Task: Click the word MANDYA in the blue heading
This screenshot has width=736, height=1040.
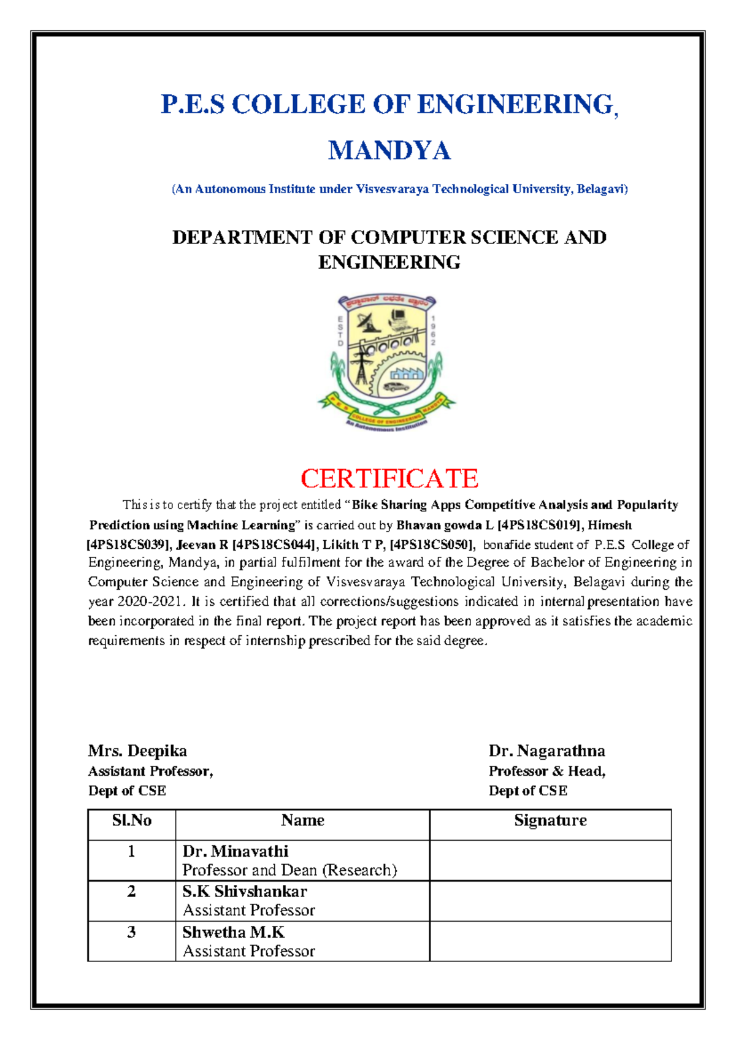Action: click(389, 151)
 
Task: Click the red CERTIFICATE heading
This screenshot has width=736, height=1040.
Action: click(389, 478)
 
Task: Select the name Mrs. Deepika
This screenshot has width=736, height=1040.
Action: click(137, 751)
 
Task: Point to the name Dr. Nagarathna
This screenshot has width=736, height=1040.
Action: click(546, 751)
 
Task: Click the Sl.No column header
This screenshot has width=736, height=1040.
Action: click(132, 820)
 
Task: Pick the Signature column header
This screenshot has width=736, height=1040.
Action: click(550, 820)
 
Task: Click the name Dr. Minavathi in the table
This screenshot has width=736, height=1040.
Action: click(236, 851)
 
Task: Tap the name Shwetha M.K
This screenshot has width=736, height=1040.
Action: click(233, 932)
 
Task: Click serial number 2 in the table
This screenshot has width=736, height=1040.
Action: click(131, 892)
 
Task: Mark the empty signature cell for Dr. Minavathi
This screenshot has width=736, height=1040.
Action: click(550, 860)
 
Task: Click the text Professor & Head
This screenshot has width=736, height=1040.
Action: click(546, 771)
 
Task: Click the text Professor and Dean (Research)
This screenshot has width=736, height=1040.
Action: click(289, 870)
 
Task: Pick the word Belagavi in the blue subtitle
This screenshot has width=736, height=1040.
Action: click(601, 189)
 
